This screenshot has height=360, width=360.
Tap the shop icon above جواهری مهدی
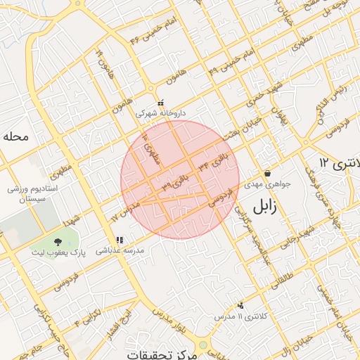(267, 174)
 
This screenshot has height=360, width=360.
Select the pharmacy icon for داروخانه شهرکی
(161, 103)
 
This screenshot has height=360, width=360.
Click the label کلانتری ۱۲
(338, 163)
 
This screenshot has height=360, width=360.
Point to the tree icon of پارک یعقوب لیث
(58, 242)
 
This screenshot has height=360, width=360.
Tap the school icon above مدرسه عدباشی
(120, 240)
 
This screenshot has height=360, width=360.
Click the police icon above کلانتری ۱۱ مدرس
(241, 306)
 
